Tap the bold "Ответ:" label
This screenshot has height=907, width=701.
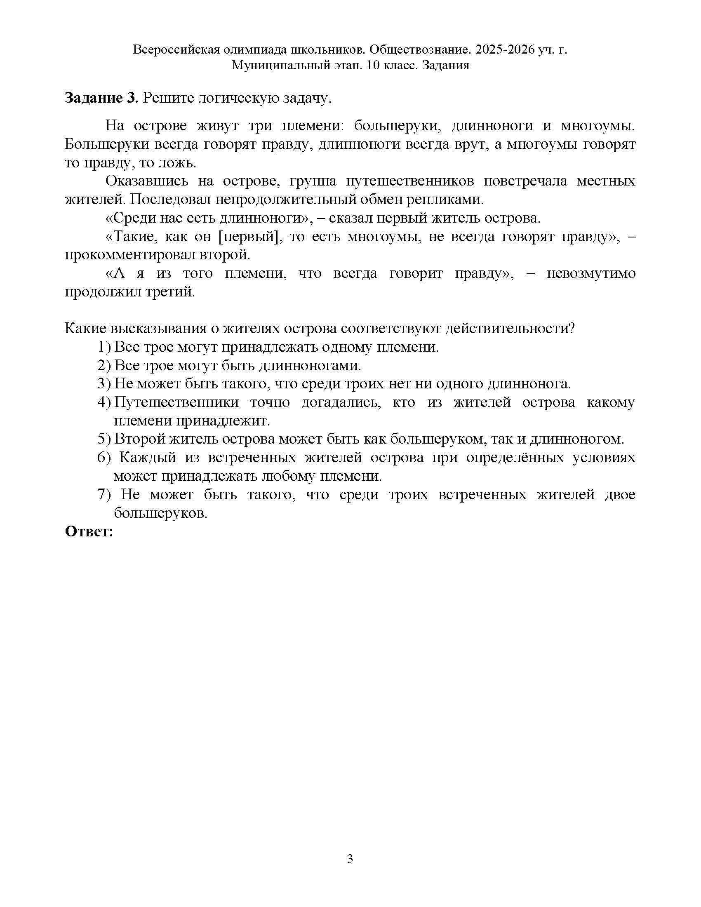[x=89, y=531]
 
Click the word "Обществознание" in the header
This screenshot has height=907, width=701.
[x=420, y=50]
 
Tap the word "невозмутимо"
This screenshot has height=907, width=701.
[x=590, y=274]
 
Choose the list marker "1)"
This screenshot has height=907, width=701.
[x=104, y=347]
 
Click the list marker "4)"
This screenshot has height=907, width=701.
[x=104, y=402]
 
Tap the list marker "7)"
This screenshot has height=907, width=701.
[x=104, y=495]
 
